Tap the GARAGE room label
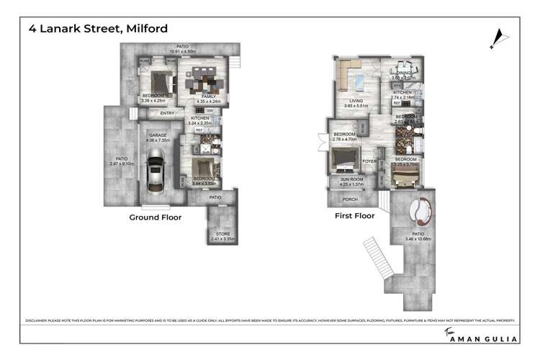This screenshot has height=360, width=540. point(158,135)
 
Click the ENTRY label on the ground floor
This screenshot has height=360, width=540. point(168,113)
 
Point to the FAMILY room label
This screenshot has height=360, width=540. point(209,96)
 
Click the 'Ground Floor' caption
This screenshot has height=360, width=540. point(156,216)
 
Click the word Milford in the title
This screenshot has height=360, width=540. point(146,29)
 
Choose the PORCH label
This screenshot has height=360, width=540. point(351,199)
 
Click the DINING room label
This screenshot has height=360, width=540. point(403,72)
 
